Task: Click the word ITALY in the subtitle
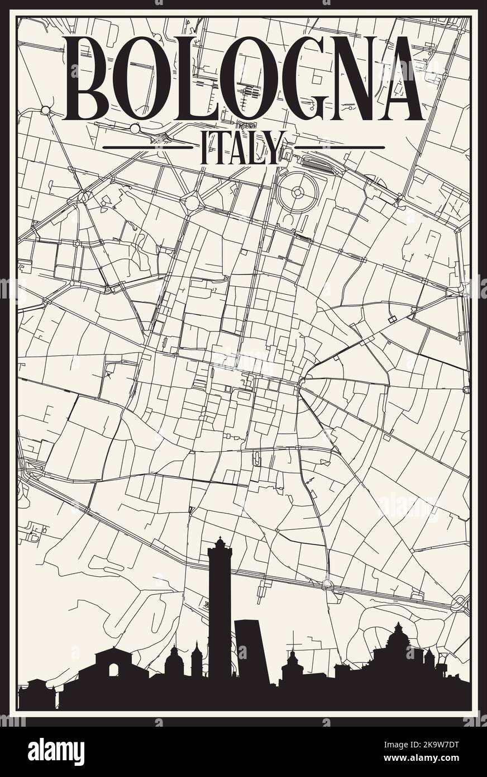tap(238, 148)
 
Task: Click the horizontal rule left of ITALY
tap(147, 148)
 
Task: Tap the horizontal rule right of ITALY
tap(339, 148)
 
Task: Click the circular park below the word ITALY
tap(297, 193)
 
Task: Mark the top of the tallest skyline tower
tap(219, 541)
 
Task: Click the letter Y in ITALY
tap(272, 148)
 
